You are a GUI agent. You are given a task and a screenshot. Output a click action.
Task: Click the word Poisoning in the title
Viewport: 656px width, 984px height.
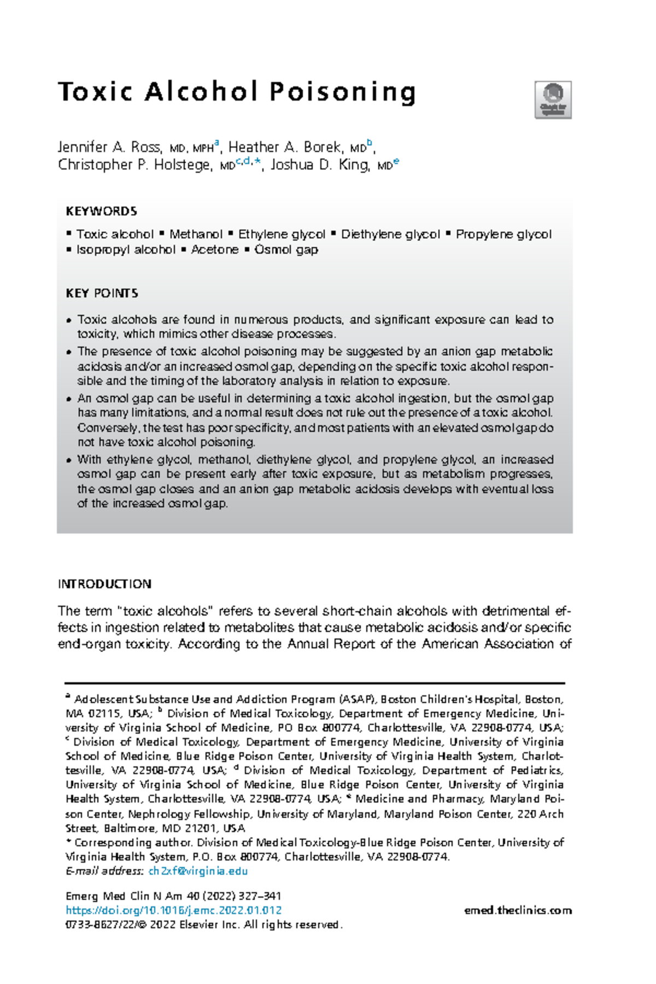click(343, 92)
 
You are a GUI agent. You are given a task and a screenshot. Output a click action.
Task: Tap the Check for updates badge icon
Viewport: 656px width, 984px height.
click(553, 99)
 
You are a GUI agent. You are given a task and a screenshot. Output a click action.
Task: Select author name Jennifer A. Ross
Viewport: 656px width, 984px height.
click(109, 147)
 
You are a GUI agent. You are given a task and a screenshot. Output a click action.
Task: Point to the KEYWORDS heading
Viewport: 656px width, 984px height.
click(101, 211)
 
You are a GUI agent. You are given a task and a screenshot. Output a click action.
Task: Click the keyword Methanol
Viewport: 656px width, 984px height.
click(196, 234)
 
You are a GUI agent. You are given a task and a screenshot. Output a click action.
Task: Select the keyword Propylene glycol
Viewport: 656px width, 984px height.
click(503, 234)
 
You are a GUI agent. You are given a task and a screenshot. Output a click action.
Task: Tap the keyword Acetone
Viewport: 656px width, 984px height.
click(214, 249)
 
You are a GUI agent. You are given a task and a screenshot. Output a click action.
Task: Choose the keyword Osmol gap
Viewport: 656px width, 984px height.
click(286, 249)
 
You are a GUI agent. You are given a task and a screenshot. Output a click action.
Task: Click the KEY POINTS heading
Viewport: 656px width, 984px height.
click(102, 293)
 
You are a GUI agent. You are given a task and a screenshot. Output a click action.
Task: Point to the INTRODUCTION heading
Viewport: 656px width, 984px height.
click(104, 584)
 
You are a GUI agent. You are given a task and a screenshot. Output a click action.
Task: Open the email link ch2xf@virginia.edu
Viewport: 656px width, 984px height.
click(198, 871)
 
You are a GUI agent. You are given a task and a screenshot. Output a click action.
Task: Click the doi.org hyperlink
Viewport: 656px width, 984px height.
click(173, 910)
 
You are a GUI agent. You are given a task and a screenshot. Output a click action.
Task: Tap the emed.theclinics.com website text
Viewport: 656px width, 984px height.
click(517, 910)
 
